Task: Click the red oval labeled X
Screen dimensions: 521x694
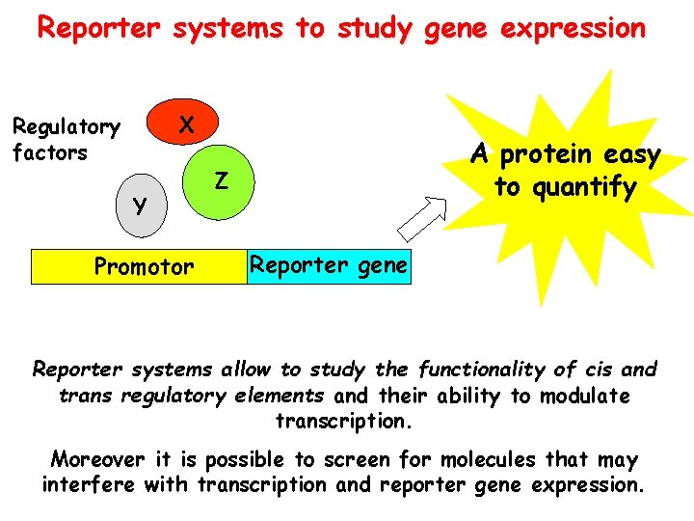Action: [x=188, y=124]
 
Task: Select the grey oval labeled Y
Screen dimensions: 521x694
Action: [x=142, y=206]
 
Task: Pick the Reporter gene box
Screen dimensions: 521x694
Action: [x=328, y=266]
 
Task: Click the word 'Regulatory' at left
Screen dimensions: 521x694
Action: [x=66, y=127]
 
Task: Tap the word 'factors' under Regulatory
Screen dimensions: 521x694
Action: [x=49, y=152]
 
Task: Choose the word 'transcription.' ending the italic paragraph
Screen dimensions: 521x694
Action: [x=342, y=422]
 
